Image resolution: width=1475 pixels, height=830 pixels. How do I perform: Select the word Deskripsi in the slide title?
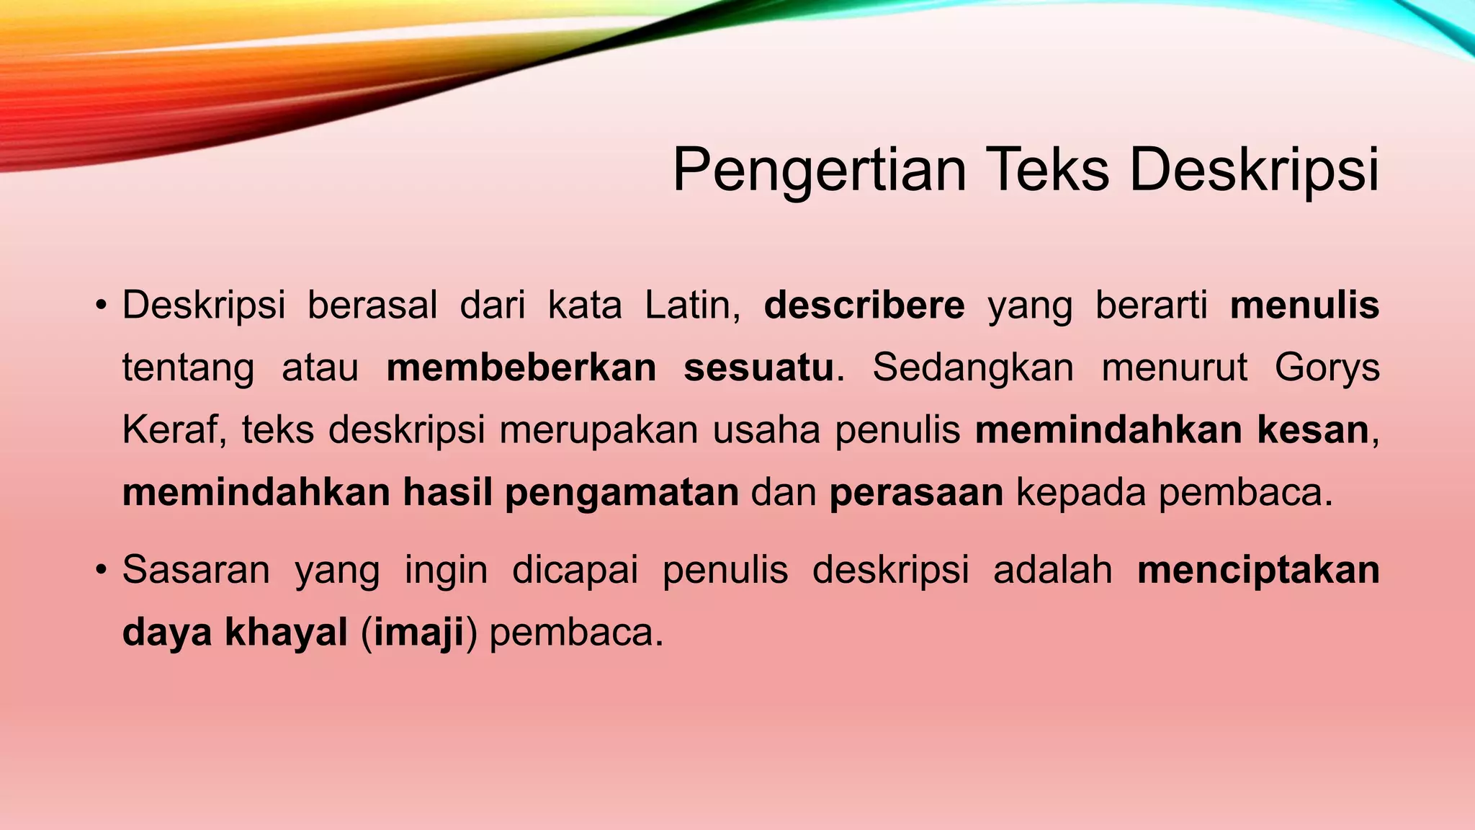click(1254, 171)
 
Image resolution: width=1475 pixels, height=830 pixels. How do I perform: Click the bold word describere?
click(864, 305)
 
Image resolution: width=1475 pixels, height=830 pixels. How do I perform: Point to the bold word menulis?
click(1304, 305)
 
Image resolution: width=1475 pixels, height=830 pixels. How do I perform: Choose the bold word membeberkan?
click(521, 367)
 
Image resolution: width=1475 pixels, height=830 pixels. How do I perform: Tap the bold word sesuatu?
click(758, 367)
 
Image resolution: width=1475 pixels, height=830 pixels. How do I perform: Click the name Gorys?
click(1327, 369)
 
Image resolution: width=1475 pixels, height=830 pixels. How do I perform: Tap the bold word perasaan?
click(916, 493)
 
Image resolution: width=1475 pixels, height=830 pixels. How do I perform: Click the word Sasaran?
click(196, 570)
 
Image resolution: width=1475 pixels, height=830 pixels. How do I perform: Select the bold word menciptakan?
click(1258, 570)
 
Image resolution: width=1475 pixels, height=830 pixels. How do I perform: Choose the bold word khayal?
click(286, 633)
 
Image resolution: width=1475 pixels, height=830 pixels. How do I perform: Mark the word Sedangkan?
click(973, 368)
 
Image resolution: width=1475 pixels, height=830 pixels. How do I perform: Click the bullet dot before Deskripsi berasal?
click(101, 306)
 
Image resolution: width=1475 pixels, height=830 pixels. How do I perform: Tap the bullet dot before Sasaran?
click(101, 571)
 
